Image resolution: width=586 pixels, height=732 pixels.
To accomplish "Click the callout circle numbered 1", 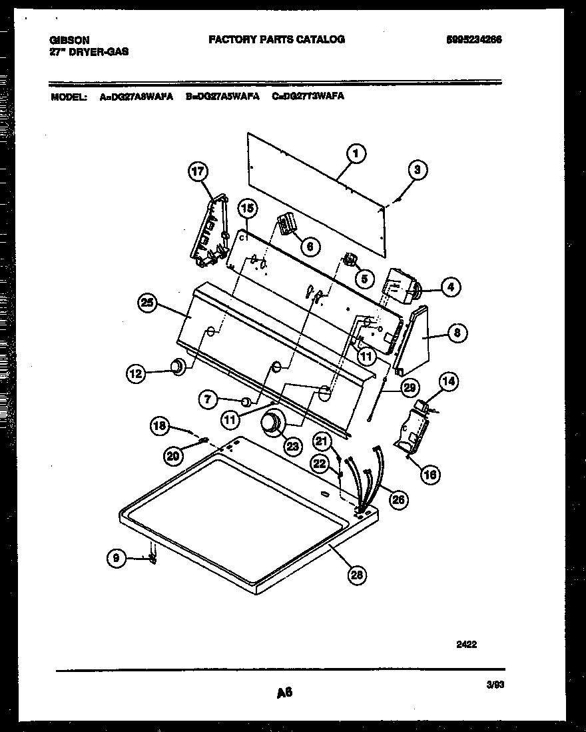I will pyautogui.click(x=356, y=155).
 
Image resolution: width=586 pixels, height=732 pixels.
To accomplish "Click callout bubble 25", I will pyautogui.click(x=148, y=303).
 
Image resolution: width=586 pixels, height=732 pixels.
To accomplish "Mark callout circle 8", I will pyautogui.click(x=457, y=333).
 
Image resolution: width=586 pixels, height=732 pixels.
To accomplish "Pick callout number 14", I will pyautogui.click(x=449, y=381).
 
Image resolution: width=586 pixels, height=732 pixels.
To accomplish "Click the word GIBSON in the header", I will pyautogui.click(x=69, y=40).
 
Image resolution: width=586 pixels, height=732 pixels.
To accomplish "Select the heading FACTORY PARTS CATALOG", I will pyautogui.click(x=276, y=39).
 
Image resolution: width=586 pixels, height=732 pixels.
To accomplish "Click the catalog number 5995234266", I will pyautogui.click(x=474, y=39).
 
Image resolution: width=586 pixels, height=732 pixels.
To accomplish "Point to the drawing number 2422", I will pyautogui.click(x=466, y=644).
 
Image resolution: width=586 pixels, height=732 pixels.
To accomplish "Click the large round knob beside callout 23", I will pyautogui.click(x=272, y=422).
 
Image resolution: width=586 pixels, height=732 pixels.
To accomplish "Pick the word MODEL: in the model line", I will pyautogui.click(x=69, y=97).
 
